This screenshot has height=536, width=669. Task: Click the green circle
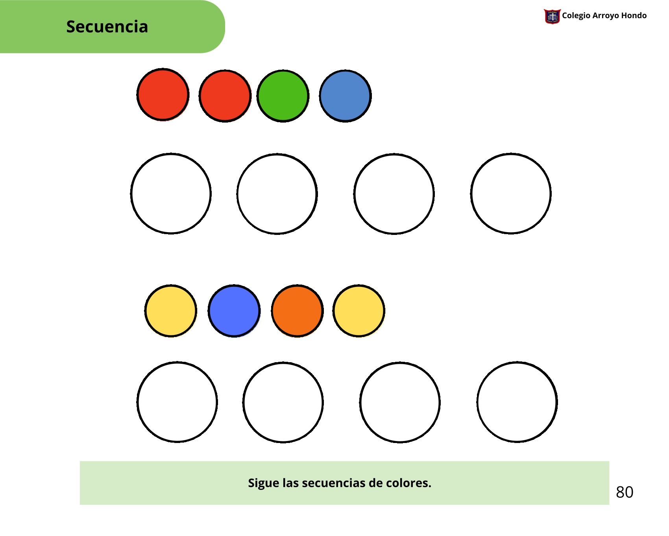pyautogui.click(x=283, y=96)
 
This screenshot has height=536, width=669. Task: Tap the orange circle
pyautogui.click(x=297, y=311)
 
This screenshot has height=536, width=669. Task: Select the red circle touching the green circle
pyautogui.click(x=225, y=96)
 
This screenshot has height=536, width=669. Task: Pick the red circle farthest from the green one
pyautogui.click(x=163, y=95)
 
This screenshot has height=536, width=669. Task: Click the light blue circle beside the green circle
pyautogui.click(x=345, y=96)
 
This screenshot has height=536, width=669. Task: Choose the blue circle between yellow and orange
pyautogui.click(x=234, y=311)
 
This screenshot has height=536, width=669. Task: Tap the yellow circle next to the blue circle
pyautogui.click(x=171, y=311)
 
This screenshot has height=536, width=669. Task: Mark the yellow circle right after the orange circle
pyautogui.click(x=359, y=311)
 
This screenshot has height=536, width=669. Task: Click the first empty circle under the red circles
pyautogui.click(x=171, y=194)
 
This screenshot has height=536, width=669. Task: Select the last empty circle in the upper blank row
pyautogui.click(x=511, y=194)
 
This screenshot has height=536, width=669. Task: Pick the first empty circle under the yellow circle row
pyautogui.click(x=177, y=402)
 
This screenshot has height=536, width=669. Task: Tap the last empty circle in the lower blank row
pyautogui.click(x=517, y=402)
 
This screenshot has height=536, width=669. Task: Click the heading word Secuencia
pyautogui.click(x=107, y=27)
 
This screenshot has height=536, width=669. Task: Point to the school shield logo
pyautogui.click(x=552, y=17)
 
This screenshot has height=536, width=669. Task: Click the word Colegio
pyautogui.click(x=576, y=16)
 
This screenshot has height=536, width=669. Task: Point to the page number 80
pyautogui.click(x=625, y=492)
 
